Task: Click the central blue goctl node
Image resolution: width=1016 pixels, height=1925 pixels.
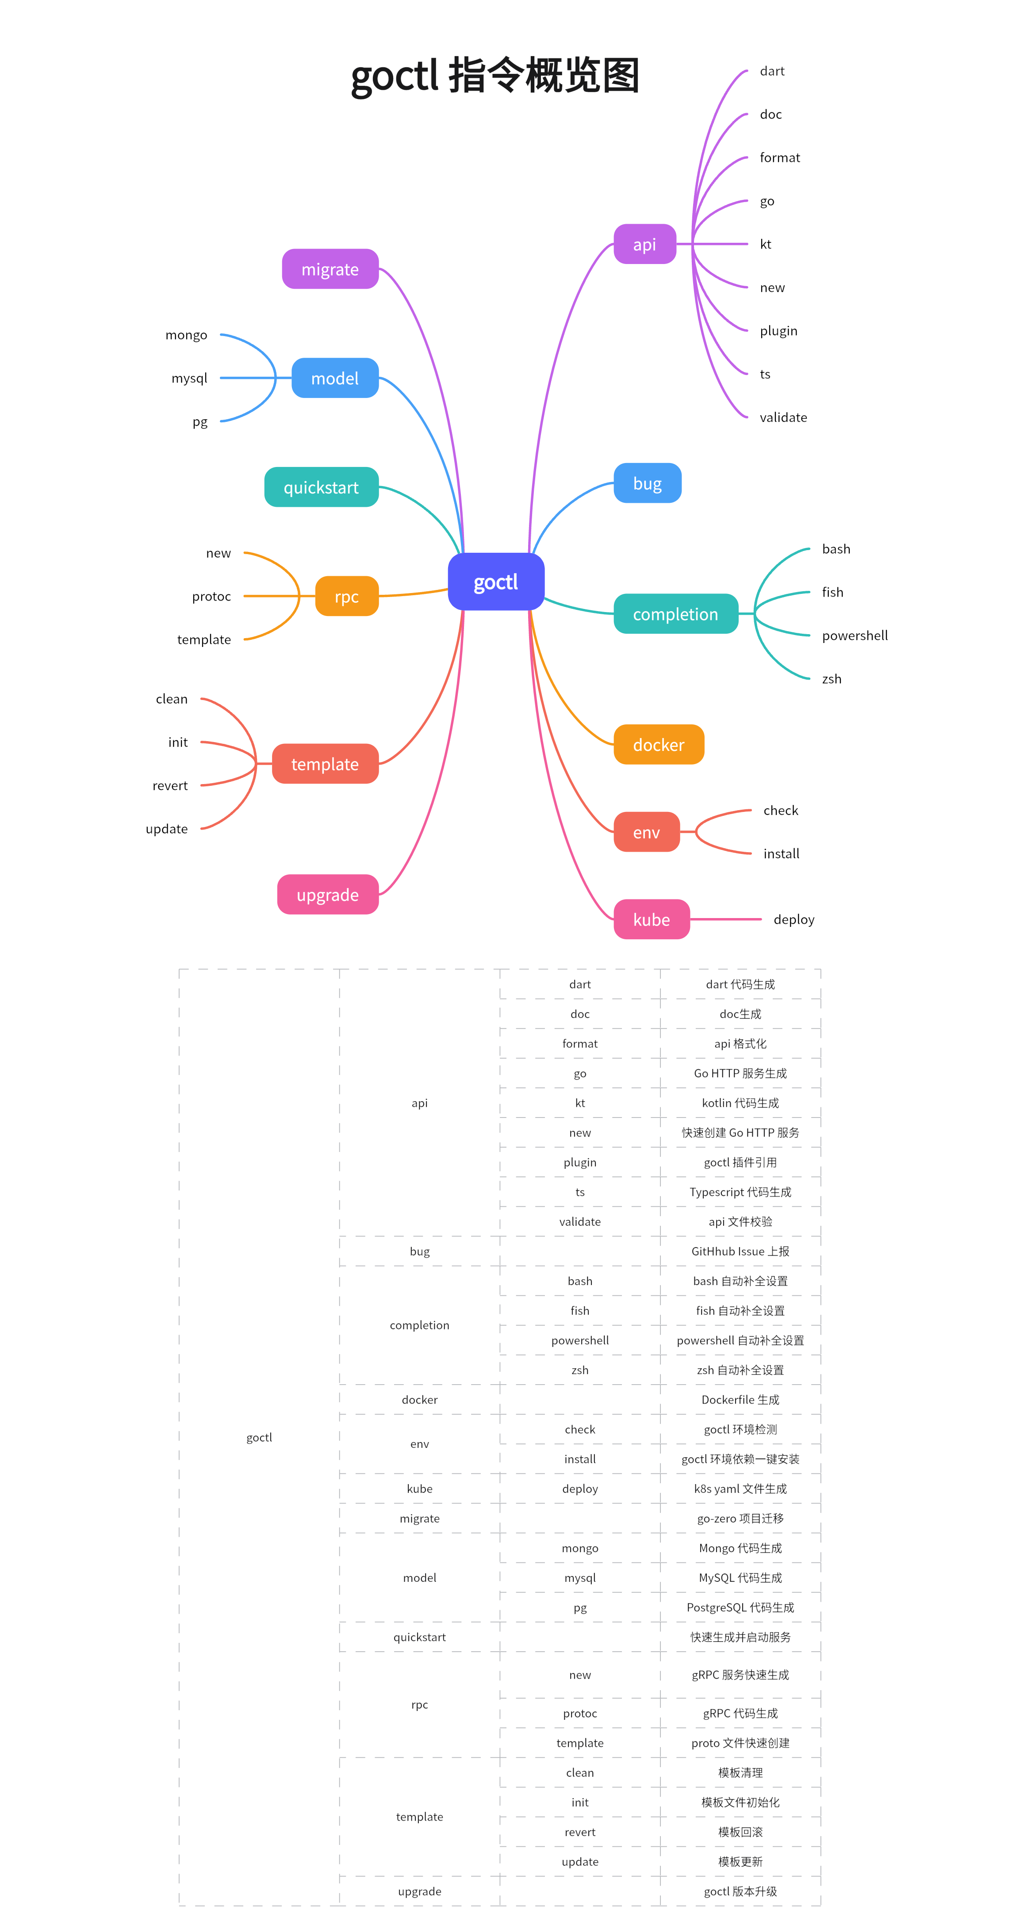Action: (x=496, y=582)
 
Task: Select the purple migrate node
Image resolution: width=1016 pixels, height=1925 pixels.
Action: (x=330, y=269)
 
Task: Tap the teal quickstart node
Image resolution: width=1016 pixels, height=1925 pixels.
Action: (x=321, y=487)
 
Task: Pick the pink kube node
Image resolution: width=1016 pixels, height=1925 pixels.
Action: (x=651, y=919)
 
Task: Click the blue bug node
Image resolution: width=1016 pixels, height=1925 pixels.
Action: (x=647, y=483)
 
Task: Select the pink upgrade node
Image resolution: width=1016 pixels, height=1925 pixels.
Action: (x=327, y=895)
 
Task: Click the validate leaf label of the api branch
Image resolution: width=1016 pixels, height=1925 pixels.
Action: (x=783, y=417)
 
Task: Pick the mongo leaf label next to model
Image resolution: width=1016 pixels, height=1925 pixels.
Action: (x=186, y=335)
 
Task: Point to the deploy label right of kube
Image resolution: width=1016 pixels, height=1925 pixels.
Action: (x=793, y=919)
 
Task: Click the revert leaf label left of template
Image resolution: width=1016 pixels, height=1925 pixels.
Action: (x=170, y=785)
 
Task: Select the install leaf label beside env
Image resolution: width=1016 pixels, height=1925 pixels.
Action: (x=781, y=853)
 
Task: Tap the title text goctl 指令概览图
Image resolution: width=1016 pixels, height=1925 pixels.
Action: (x=495, y=76)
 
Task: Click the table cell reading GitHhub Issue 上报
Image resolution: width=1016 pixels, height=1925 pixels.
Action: (x=740, y=1251)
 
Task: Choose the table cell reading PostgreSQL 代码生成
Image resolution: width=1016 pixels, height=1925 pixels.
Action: (x=740, y=1607)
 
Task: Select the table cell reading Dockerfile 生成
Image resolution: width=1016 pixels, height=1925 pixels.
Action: (x=740, y=1400)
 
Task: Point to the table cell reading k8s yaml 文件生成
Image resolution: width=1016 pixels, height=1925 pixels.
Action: (x=740, y=1489)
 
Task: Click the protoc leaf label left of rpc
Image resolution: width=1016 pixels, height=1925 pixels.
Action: (x=211, y=596)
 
